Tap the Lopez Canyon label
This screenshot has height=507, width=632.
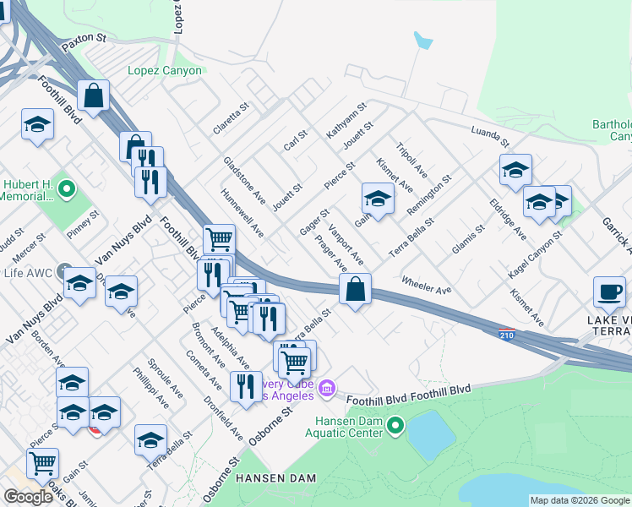coord(165,71)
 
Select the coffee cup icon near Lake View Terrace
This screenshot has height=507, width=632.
coord(609,292)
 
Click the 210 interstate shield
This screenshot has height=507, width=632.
coord(507,335)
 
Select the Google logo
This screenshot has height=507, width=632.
coord(28,497)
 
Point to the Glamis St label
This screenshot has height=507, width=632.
coord(467,235)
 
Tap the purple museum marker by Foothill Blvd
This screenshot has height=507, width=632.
coord(327,389)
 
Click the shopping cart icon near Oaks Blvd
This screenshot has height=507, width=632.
coord(42,462)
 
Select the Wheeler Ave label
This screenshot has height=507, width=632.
coord(427,285)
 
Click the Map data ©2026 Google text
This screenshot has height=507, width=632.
coord(580,500)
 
